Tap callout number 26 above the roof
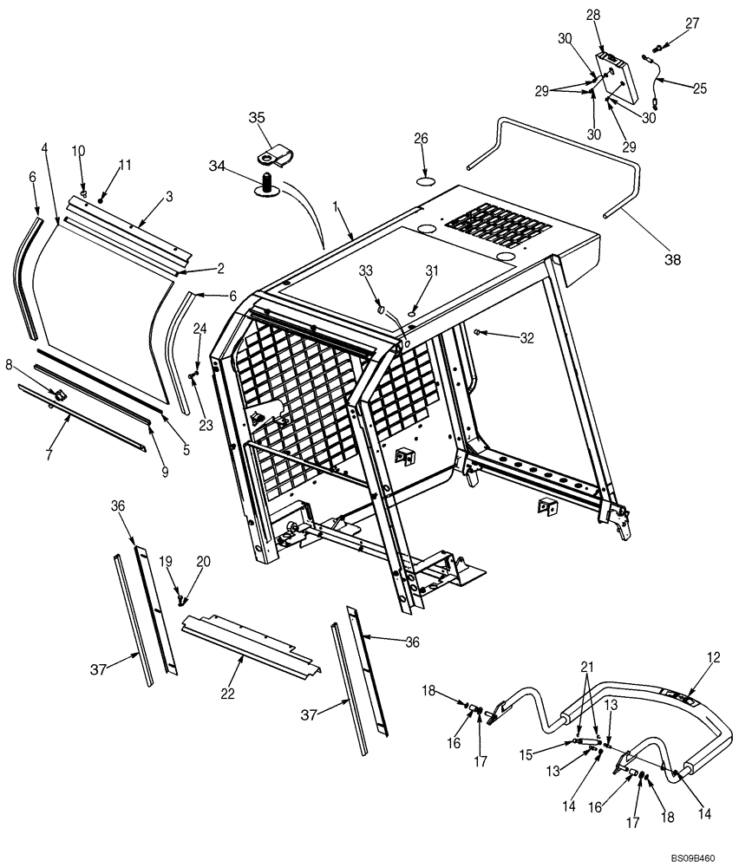point(421,138)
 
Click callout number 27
point(691,24)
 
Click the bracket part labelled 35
point(276,156)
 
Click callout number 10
point(78,151)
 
